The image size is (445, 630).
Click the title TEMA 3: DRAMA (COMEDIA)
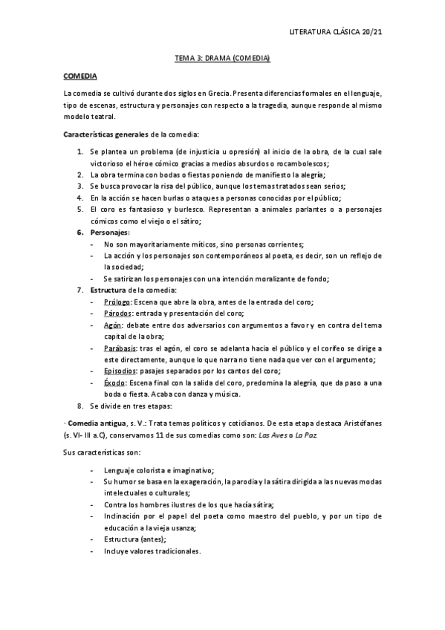pos(222,58)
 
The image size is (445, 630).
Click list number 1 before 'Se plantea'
pos(80,152)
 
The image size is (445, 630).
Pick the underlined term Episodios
pos(122,371)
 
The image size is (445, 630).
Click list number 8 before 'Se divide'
pos(80,406)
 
